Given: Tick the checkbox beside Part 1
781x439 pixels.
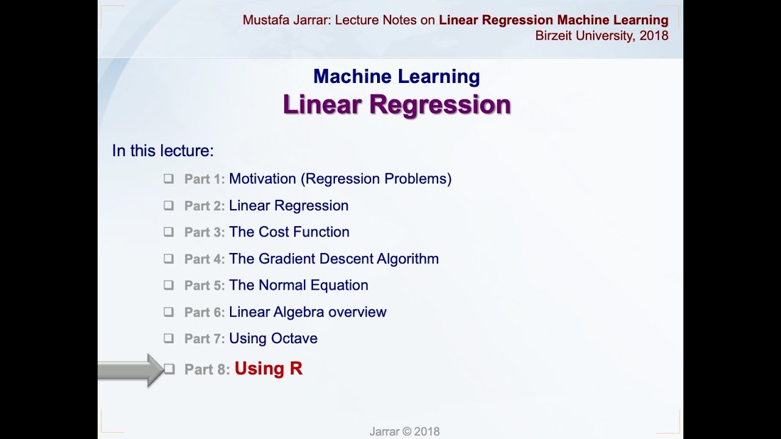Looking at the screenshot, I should click(168, 179).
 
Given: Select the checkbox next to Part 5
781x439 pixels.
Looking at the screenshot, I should click(168, 285).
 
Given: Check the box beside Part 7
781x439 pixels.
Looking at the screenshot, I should click(168, 338).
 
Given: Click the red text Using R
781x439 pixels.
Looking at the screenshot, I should click(268, 369).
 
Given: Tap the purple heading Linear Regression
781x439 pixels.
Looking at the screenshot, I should click(397, 105).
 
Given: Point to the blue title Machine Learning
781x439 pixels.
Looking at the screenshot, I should click(397, 77).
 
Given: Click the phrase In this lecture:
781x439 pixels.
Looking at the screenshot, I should click(163, 151).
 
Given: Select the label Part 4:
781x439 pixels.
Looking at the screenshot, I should click(204, 259).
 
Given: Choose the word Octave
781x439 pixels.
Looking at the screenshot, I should click(296, 338).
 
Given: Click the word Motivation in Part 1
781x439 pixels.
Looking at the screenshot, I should click(262, 179).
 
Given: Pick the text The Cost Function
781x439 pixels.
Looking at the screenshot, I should click(289, 232).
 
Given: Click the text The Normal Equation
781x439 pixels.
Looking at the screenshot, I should click(298, 285).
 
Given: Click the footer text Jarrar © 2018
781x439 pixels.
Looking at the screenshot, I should click(404, 432).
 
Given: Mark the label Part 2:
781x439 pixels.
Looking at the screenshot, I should click(204, 206).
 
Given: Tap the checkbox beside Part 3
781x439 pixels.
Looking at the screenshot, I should click(168, 232).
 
